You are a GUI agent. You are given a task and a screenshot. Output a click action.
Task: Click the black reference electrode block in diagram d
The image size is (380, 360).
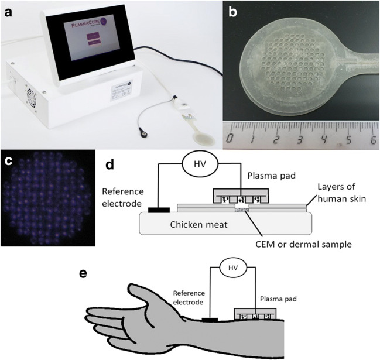pos(159,208)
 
